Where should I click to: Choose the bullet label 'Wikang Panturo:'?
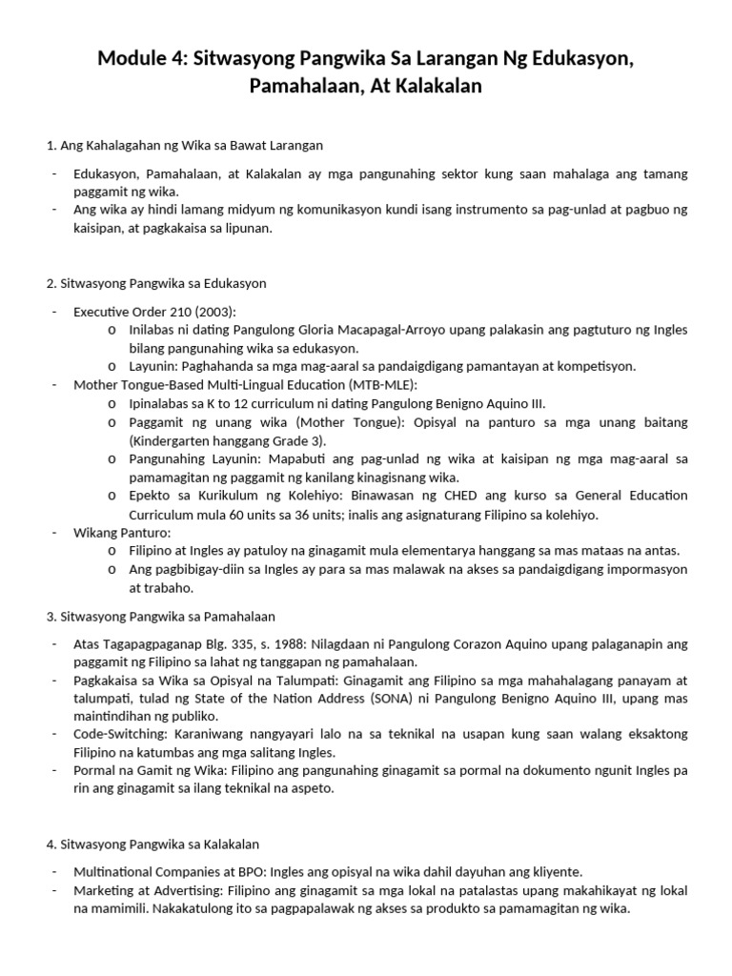[x=122, y=532]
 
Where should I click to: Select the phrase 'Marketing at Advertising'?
[x=148, y=890]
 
